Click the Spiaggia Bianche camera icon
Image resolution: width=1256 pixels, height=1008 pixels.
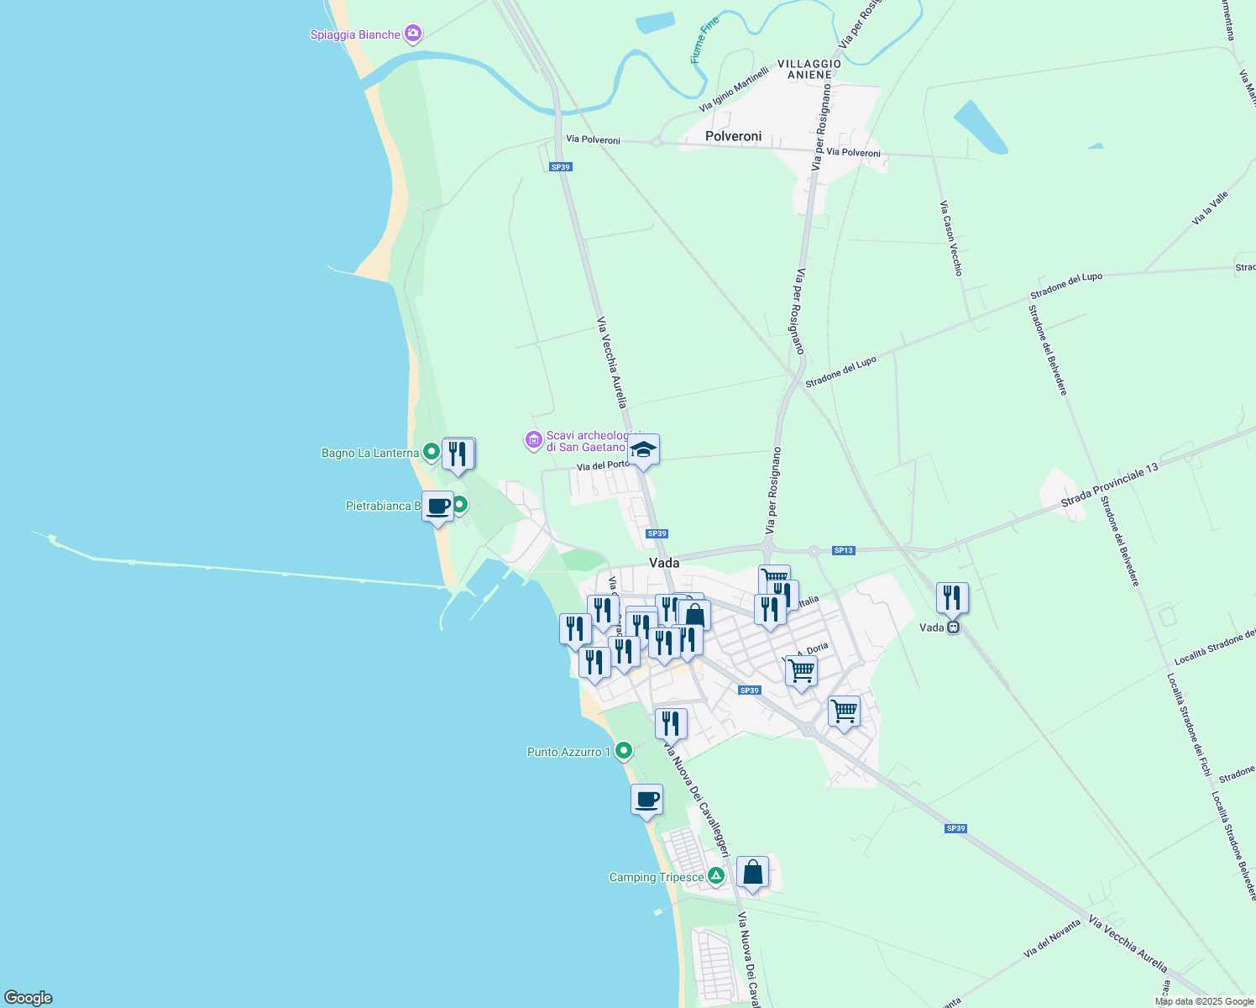tap(412, 34)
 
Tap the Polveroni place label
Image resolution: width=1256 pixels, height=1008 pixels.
tap(733, 136)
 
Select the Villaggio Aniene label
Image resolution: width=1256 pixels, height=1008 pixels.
tap(809, 69)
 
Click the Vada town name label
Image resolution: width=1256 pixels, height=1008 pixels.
tap(664, 563)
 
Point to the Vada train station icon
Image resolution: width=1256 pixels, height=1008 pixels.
tap(952, 627)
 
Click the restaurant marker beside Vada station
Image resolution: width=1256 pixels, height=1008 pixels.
tap(952, 598)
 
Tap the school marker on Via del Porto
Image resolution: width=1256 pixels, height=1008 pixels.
tap(643, 449)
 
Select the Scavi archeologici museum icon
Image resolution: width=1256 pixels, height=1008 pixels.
tap(533, 440)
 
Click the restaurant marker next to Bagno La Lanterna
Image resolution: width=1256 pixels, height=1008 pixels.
tap(458, 454)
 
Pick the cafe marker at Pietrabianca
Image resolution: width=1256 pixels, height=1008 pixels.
tap(437, 507)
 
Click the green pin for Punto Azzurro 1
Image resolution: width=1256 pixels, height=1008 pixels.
tap(623, 750)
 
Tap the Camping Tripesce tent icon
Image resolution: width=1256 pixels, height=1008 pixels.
tap(715, 876)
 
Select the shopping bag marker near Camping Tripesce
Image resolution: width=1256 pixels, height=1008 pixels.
tap(752, 872)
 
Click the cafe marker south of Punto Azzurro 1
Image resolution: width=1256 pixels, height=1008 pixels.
tap(646, 801)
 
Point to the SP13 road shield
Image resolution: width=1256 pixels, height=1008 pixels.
tap(843, 550)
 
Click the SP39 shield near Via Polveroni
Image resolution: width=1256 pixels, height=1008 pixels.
tap(560, 167)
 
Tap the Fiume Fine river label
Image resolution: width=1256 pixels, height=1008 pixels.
tap(704, 40)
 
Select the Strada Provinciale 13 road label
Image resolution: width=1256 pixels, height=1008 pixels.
tap(1108, 485)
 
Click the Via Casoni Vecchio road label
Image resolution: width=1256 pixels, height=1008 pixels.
tap(951, 238)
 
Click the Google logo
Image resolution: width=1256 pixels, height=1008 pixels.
tap(28, 998)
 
